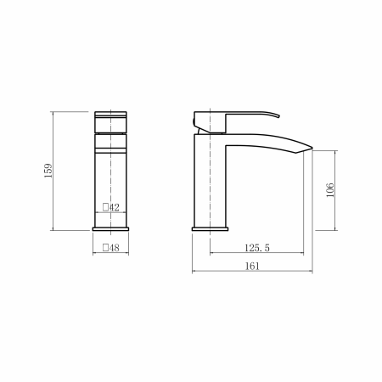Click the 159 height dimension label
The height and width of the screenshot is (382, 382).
tap(48, 171)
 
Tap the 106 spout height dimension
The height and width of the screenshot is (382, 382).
tap(330, 190)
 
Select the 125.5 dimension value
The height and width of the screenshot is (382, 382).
tap(257, 248)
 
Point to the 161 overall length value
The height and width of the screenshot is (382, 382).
tap(252, 266)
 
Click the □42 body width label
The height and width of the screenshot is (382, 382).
tap(111, 207)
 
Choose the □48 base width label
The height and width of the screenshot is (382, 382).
tap(111, 248)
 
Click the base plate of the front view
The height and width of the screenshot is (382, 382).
tap(110, 229)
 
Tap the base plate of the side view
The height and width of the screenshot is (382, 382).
tap(210, 229)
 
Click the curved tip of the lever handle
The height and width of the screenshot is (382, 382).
tap(278, 115)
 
